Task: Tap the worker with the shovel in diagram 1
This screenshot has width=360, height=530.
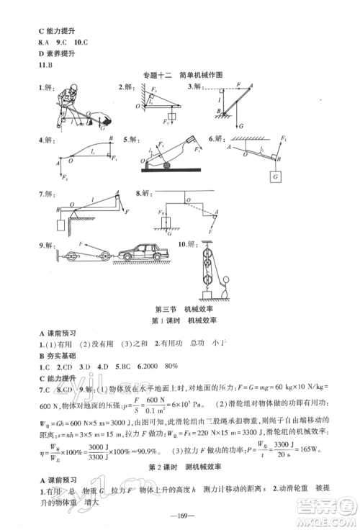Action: (x=67, y=103)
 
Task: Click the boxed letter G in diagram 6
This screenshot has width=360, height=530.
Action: (x=274, y=175)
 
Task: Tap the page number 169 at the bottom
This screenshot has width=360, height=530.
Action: (x=180, y=514)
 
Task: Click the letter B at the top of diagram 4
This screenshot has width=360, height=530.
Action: (x=111, y=138)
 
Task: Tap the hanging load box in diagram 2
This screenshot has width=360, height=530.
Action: (x=172, y=116)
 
